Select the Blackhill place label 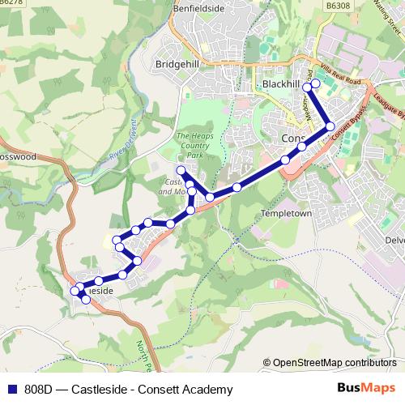coord(280,84)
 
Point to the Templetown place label coord(287,214)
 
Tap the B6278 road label coord(11,3)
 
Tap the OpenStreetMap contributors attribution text coord(332,362)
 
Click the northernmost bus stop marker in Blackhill coord(316,83)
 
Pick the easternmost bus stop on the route coord(330,126)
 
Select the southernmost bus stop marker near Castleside coord(86,300)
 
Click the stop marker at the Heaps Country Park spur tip coord(181,170)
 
